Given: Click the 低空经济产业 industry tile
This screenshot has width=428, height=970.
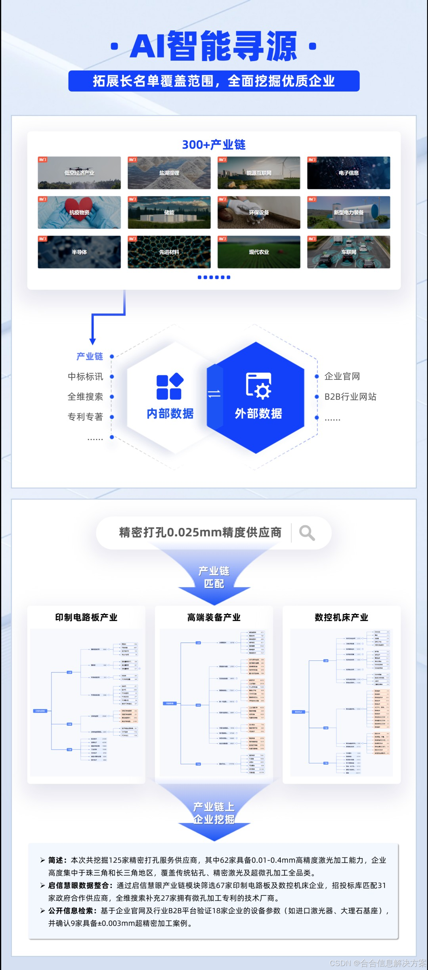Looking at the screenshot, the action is (79, 173).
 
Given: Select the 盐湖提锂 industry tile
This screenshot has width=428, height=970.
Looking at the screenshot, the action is (169, 173).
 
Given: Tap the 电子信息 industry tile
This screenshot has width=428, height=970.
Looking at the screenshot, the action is (348, 173).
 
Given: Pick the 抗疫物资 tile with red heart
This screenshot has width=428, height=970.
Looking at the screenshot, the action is (79, 212).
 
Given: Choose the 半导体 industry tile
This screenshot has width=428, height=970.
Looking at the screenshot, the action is (79, 252).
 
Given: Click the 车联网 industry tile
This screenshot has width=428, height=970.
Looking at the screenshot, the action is (348, 252).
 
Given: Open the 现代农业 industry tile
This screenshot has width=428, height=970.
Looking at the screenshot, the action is (259, 252).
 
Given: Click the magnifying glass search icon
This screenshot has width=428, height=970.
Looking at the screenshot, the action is (307, 533).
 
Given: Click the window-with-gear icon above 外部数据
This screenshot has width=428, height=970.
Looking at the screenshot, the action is (258, 385).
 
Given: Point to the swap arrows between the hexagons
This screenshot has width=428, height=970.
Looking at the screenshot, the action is (214, 394).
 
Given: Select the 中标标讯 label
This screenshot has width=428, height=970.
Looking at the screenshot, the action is (85, 377).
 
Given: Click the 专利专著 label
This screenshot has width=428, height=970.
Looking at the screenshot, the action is (85, 417).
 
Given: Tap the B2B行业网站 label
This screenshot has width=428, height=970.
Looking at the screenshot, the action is (350, 397).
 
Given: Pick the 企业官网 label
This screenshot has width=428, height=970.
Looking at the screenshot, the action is (342, 377).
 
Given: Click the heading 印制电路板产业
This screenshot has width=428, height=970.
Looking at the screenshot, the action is (86, 617).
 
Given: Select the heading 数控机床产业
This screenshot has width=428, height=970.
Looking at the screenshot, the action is (342, 617).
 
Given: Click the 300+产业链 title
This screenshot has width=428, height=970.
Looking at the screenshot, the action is (214, 145).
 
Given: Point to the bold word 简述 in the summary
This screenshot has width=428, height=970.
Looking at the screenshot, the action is (55, 860).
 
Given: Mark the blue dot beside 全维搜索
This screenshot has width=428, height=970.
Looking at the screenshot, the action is (112, 397).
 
